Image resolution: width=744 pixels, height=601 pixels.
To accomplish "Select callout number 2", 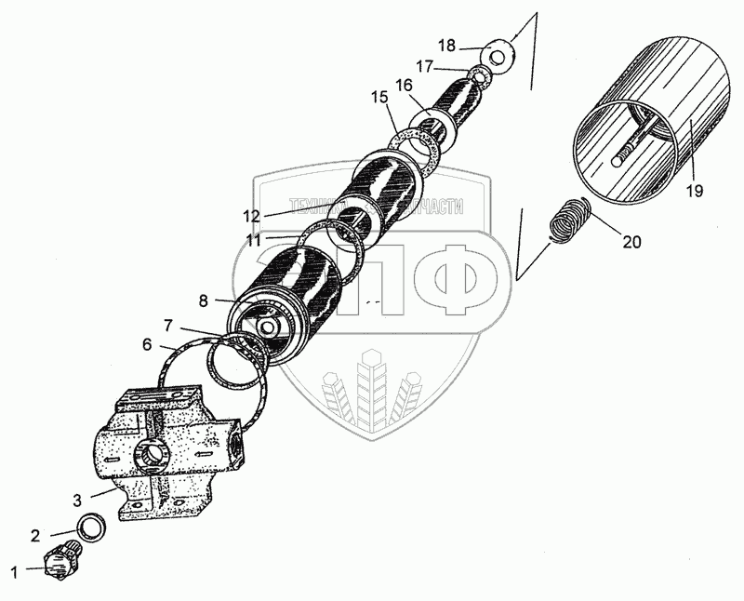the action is point(34,535).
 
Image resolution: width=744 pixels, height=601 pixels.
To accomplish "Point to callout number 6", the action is point(147,344).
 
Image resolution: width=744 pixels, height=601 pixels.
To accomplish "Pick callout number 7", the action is point(168,325).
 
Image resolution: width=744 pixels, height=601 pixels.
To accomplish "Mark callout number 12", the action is point(251,216).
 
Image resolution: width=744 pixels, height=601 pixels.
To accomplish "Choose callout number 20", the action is point(631,243).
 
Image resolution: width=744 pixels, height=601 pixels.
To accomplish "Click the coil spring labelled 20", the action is point(567,223).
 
